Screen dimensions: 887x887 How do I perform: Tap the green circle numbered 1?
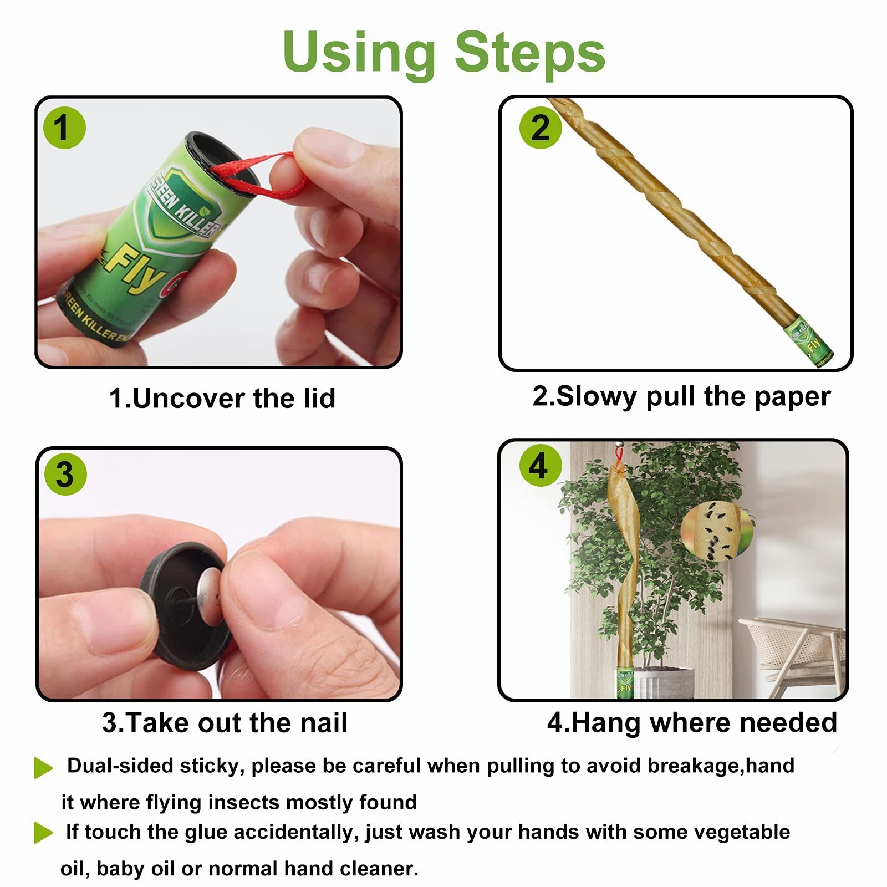(64, 128)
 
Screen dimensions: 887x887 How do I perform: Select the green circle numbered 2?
(541, 128)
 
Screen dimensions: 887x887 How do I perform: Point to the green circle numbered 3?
(65, 475)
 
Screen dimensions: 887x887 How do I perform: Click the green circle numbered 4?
(540, 466)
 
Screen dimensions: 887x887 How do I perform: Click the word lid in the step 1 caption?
(315, 398)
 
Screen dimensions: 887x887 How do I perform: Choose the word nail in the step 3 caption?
(324, 723)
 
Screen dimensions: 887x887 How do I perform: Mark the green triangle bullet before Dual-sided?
(43, 768)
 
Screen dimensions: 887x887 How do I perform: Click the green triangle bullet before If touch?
(43, 833)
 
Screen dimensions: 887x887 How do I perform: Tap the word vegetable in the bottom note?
(742, 832)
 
